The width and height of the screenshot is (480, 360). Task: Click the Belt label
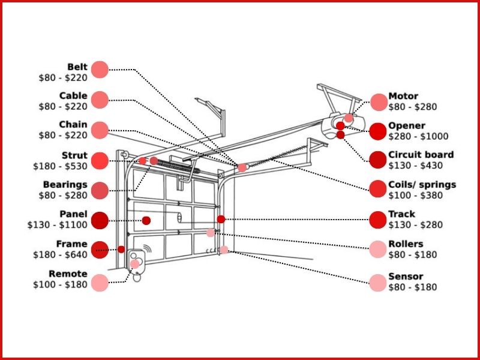click(77, 67)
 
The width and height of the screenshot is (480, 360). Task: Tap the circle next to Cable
click(100, 100)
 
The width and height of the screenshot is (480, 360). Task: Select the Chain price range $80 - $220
click(63, 136)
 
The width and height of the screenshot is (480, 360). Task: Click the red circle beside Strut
click(100, 160)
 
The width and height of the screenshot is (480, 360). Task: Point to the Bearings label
click(65, 185)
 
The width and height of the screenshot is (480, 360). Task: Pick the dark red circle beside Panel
click(100, 220)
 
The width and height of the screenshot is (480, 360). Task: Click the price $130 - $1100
click(58, 225)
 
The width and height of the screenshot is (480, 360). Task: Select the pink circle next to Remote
click(100, 283)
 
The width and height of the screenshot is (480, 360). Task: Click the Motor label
click(403, 96)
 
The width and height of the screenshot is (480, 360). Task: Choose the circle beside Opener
click(378, 131)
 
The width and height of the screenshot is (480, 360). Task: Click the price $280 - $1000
click(418, 137)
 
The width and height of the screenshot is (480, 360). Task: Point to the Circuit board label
click(421, 155)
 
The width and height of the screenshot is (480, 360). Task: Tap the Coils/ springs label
click(422, 184)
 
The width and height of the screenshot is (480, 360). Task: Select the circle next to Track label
click(378, 220)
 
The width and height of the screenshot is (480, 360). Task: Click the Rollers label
click(406, 244)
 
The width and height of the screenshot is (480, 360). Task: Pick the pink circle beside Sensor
click(378, 283)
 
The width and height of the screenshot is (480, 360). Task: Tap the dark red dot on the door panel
click(146, 220)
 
